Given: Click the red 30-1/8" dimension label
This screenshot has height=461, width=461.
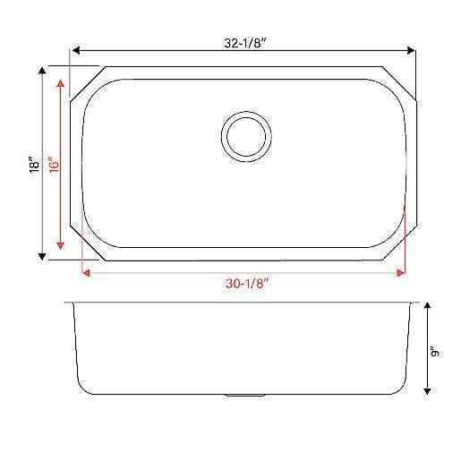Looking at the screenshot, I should click(245, 285).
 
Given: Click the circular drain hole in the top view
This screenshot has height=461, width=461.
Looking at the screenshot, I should click(246, 136).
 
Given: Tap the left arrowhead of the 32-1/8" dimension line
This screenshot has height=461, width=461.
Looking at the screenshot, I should click(75, 51).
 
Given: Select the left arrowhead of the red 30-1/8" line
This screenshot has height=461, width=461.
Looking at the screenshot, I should click(85, 273).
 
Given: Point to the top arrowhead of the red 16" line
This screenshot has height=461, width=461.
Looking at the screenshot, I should click(61, 84).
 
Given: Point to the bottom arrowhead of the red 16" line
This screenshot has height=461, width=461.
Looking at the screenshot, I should click(61, 244).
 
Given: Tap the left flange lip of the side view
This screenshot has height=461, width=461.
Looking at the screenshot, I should click(70, 304).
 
